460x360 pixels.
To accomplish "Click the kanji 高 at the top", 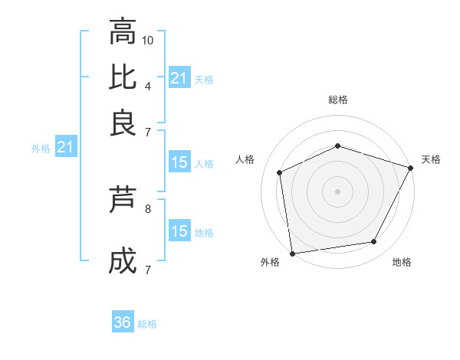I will pos(122,32).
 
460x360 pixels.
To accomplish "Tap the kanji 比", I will pos(122,77).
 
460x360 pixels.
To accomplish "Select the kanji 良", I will pos(122,122).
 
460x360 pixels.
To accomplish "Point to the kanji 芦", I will pos(122,201).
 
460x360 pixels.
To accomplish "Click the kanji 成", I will pos(122,262).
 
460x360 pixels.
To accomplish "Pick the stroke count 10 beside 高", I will pos(148,40).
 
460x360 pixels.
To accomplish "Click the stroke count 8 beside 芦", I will pos(147,208).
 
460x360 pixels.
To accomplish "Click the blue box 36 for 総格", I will pos(123,322).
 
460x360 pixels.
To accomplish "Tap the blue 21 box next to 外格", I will pos(65,147).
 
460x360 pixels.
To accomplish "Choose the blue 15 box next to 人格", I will pos(179,162).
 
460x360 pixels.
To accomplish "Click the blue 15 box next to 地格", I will pos(179,231).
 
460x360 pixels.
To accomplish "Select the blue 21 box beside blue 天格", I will pos(179,78).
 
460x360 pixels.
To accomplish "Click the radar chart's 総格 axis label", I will pos(338,100).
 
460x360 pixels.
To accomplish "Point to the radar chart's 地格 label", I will pos(402,262).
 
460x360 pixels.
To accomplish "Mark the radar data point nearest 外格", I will pos(292,253).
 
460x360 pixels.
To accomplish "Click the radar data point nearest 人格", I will pos(280,172).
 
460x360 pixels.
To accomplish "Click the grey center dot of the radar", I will pos(337,191).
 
